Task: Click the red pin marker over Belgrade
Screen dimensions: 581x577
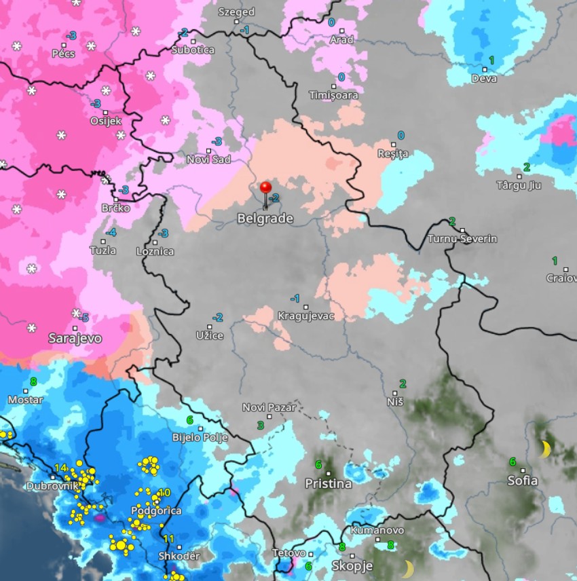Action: point(266,188)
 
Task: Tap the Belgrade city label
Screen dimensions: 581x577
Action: point(265,219)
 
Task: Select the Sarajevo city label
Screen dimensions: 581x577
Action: point(75,337)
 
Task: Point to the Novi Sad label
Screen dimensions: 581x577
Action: point(208,160)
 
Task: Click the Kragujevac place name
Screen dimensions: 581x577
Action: point(305,316)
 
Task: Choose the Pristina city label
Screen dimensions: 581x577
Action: point(328,484)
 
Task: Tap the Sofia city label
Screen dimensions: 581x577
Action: point(523,481)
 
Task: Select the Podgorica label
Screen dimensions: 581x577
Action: point(156,510)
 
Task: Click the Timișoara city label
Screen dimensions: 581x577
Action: point(333,95)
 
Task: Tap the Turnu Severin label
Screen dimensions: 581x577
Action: point(462,239)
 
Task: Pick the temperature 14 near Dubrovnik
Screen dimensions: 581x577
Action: point(60,468)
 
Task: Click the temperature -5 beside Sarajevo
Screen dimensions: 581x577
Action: point(83,318)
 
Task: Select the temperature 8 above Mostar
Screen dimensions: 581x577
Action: point(33,381)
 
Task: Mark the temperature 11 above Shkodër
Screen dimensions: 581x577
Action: point(169,539)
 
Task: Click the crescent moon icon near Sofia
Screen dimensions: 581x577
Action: point(544,449)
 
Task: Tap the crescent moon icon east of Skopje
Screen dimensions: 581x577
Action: point(407,568)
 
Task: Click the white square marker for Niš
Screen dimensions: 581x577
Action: point(396,393)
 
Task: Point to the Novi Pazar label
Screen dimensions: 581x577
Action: point(269,407)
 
